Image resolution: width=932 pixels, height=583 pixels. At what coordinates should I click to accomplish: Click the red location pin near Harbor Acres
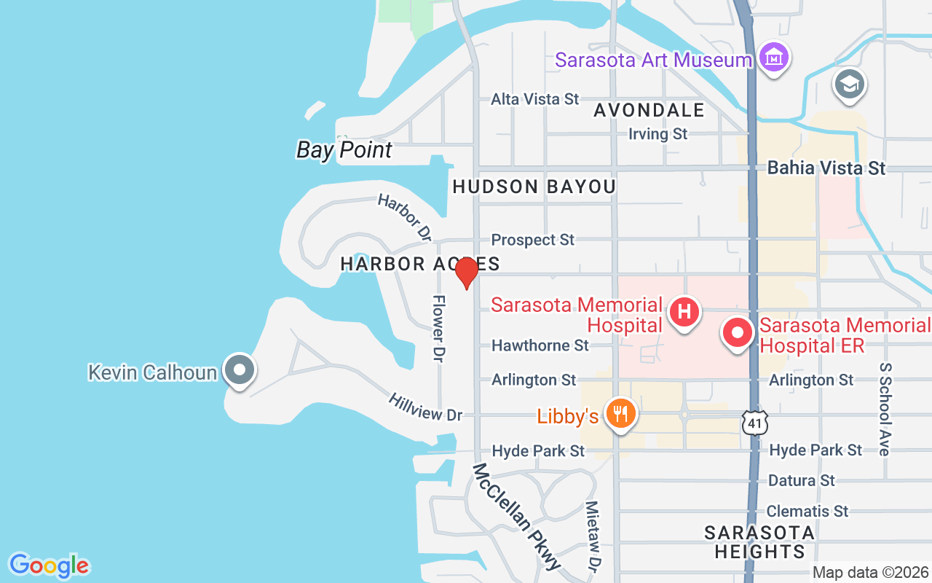466,273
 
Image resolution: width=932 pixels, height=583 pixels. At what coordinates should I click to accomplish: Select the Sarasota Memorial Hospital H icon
684,313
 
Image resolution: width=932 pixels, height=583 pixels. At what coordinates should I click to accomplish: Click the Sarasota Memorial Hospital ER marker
738,333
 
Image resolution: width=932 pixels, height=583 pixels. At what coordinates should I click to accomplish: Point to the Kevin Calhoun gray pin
239,369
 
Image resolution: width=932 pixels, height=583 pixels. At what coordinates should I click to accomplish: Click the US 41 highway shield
754,421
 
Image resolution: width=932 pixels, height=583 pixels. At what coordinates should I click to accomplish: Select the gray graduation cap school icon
849,85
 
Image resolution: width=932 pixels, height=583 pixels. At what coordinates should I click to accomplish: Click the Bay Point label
344,150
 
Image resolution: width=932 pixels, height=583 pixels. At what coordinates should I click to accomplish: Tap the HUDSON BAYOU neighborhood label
534,187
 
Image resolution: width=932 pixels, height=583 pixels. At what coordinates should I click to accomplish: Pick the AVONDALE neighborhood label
649,110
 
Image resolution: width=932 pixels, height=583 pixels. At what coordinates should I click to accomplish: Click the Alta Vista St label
535,98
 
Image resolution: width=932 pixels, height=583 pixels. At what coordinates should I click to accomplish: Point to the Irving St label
658,133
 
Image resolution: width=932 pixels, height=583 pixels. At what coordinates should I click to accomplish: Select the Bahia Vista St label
826,168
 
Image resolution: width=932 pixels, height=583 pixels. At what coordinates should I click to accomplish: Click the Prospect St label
533,240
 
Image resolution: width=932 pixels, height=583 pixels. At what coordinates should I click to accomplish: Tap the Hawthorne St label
540,345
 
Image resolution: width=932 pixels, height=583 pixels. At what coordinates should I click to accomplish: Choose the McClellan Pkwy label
518,516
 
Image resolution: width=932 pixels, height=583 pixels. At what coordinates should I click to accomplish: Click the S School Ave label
885,409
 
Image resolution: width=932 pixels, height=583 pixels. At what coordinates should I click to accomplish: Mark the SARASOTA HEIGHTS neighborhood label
759,542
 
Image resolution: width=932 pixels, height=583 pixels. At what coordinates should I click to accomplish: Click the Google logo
49,566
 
